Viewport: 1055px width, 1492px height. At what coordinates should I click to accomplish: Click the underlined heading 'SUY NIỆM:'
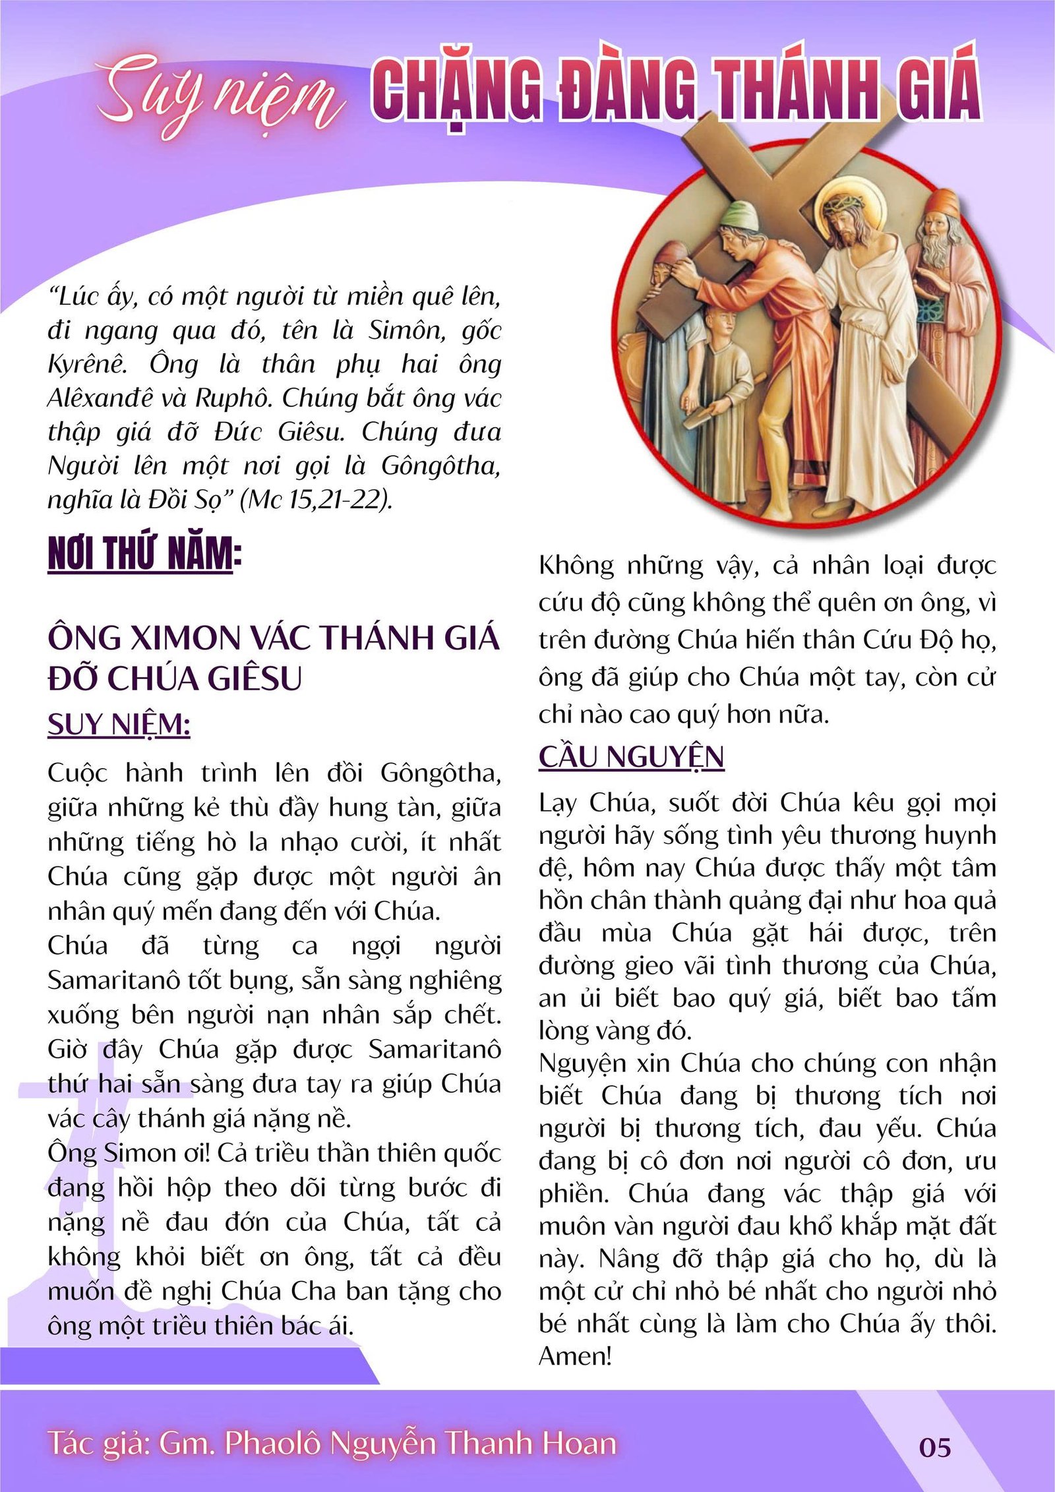[119, 725]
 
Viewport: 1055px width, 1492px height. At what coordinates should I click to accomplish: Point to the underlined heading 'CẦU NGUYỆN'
[631, 756]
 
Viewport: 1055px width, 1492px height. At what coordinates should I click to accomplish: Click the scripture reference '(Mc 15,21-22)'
[316, 500]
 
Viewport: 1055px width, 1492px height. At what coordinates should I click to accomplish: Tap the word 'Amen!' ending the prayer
[575, 1356]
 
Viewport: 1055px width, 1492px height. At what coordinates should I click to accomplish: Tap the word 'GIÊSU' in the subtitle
[254, 679]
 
